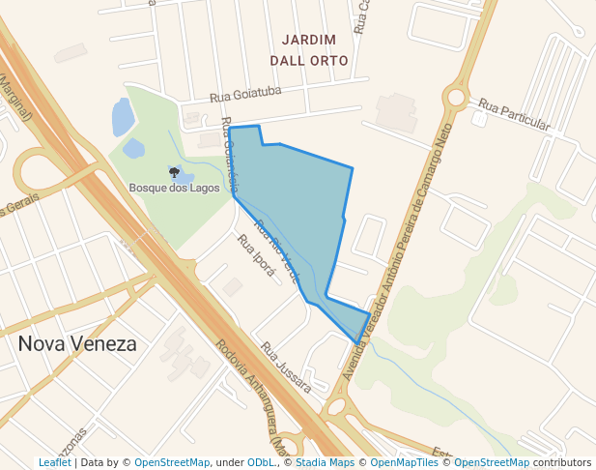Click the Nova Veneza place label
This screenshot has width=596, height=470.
77,343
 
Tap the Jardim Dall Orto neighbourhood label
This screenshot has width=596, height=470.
309,50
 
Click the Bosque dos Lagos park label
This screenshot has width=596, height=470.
174,188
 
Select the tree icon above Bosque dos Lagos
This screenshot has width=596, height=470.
174,172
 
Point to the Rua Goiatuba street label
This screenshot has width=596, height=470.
245,94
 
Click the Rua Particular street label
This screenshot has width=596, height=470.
514,115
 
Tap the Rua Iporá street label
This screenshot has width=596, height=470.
256,255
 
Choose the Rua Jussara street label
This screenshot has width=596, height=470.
286,367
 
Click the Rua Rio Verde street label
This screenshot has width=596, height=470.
278,250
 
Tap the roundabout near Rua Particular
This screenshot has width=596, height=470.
456,97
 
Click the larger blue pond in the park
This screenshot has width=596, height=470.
123,117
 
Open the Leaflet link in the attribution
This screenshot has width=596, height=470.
54,463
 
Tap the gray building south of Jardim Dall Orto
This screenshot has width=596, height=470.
396,112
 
